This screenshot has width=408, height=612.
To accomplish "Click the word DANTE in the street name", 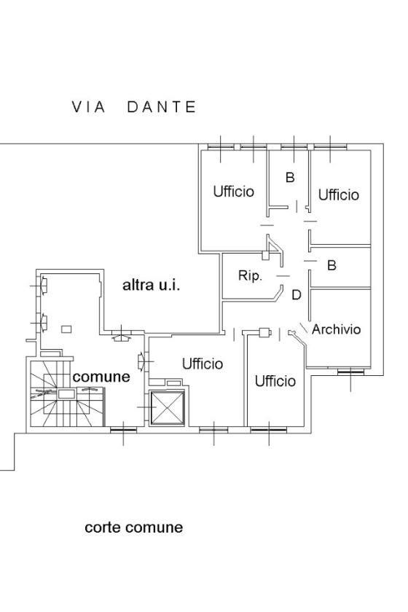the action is coord(161,107).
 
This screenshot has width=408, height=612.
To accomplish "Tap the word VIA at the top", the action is coord(89,107).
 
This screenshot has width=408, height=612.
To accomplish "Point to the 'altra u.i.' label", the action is coord(151,285).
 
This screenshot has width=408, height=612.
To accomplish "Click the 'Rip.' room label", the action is coord(250,276).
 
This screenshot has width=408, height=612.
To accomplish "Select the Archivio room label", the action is coord(336,329).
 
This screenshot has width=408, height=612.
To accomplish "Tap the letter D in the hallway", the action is coord(297,294).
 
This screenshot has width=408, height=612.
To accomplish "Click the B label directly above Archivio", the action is coord(331,265).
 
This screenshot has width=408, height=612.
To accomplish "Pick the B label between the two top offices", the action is coord(290,177).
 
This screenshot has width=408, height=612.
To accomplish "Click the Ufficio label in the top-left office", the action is coord(233,191).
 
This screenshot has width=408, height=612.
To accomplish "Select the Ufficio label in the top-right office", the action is coord(339,195).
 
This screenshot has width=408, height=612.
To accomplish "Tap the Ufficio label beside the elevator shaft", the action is coord(203,364).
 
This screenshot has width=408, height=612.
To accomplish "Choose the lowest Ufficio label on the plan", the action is coord(275,381).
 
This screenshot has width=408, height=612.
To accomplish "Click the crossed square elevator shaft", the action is coord(167,408).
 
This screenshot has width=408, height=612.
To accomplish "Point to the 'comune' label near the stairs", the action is coord(101,377).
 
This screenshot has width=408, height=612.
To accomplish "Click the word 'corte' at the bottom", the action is coord(101,527).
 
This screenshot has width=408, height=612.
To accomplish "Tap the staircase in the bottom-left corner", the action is coord(67,393).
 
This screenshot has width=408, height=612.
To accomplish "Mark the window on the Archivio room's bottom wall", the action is coord(350,372).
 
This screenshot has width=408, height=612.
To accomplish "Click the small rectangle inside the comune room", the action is coord(66,329).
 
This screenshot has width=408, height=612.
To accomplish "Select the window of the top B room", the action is coord(294,146).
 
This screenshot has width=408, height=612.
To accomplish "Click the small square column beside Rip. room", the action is coord(265,256).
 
